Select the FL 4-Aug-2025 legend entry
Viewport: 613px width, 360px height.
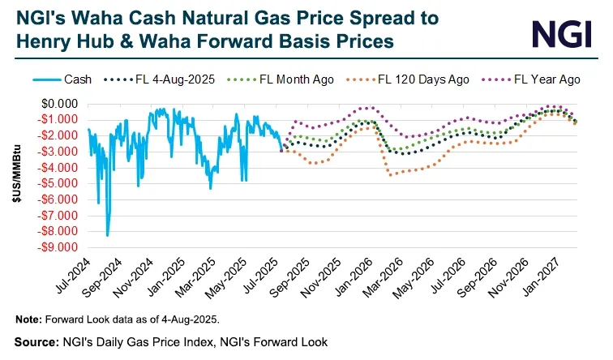coord(169,80)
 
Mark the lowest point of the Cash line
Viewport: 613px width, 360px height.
coord(107,235)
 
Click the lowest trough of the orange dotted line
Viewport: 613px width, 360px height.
coord(390,174)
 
